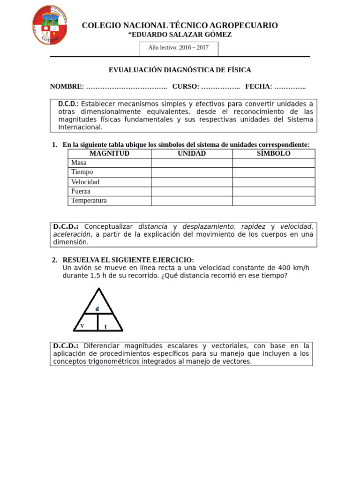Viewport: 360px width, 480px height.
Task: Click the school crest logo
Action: click(x=49, y=25)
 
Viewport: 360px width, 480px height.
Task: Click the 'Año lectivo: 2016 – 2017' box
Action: click(x=179, y=48)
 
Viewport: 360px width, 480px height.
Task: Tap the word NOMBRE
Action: click(x=67, y=87)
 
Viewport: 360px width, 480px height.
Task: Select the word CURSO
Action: click(x=186, y=87)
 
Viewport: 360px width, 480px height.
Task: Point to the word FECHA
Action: click(x=258, y=87)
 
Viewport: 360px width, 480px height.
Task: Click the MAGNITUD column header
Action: click(x=109, y=154)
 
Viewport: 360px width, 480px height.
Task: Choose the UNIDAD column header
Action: click(x=192, y=154)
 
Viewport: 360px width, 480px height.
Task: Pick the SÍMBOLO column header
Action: click(x=273, y=154)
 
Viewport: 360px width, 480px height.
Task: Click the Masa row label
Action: click(x=79, y=163)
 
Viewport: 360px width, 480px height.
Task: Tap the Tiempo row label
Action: click(x=82, y=172)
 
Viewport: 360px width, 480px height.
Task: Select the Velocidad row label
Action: click(x=85, y=182)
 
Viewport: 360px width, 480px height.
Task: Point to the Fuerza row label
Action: click(x=81, y=191)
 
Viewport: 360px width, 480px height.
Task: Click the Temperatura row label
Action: click(x=89, y=201)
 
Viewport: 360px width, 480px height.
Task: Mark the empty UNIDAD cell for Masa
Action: click(x=192, y=163)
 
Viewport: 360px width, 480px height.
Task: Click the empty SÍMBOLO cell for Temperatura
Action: click(x=273, y=201)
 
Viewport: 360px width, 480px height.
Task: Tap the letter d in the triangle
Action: click(x=97, y=308)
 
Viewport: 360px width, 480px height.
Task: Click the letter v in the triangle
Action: click(x=82, y=325)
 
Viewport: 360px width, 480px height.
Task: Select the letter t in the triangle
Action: click(x=105, y=326)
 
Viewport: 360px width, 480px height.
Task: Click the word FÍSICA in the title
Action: click(x=240, y=70)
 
